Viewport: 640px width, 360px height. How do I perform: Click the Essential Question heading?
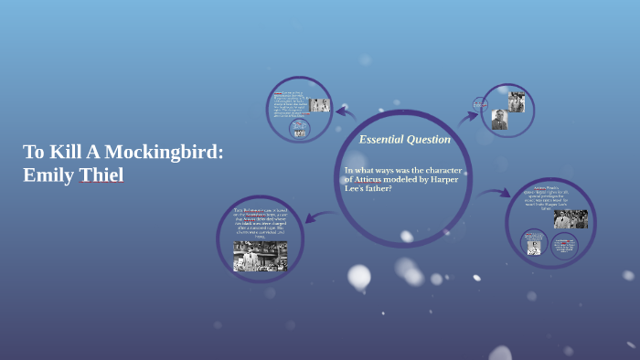click(x=404, y=140)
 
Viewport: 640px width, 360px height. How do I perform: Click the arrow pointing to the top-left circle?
click(x=346, y=112)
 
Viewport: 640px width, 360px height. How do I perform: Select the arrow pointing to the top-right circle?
click(x=467, y=116)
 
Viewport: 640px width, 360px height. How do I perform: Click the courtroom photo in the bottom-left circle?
click(x=260, y=257)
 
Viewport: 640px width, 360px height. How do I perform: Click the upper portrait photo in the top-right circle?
click(x=517, y=102)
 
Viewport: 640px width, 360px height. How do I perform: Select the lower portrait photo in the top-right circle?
click(x=499, y=120)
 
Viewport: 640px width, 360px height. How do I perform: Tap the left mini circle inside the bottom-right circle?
click(x=534, y=243)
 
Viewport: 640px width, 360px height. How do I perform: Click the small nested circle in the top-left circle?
click(x=299, y=129)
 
